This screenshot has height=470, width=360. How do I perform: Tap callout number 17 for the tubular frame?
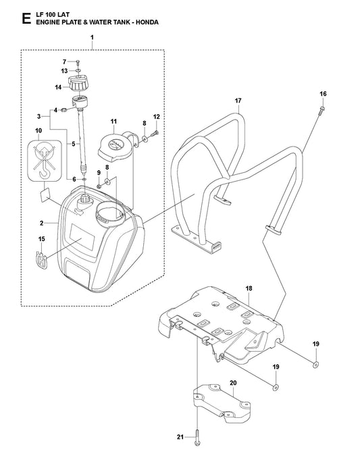(x=238, y=101)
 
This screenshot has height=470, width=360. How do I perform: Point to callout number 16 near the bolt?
(x=323, y=93)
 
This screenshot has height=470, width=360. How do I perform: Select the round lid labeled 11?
(x=122, y=144)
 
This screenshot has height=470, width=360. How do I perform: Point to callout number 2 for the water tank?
(x=41, y=223)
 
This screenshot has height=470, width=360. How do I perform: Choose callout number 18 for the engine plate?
(x=249, y=288)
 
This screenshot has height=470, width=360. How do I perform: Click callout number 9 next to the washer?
(x=99, y=172)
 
